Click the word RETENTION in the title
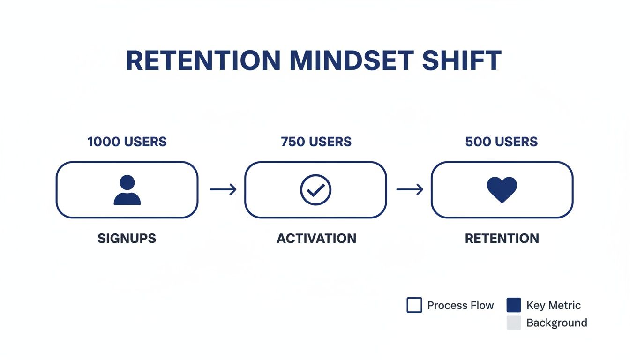pyautogui.click(x=203, y=60)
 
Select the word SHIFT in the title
pyautogui.click(x=462, y=60)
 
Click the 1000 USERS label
pyautogui.click(x=127, y=142)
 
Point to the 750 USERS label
pyautogui.click(x=316, y=142)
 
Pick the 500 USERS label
pyautogui.click(x=502, y=142)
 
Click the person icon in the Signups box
pyautogui.click(x=127, y=190)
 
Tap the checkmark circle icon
pyautogui.click(x=315, y=190)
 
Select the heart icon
pyautogui.click(x=502, y=189)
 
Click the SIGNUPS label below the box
pyautogui.click(x=127, y=238)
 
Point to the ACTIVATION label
pyautogui.click(x=316, y=238)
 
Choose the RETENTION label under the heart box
pyautogui.click(x=502, y=238)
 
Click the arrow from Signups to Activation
pyautogui.click(x=223, y=189)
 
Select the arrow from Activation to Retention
pyautogui.click(x=409, y=189)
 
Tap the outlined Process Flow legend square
pyautogui.click(x=414, y=305)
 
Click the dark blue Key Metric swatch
pyautogui.click(x=514, y=305)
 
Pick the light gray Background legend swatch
pyautogui.click(x=514, y=322)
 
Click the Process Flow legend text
pyautogui.click(x=460, y=306)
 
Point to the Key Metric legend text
pyautogui.click(x=554, y=306)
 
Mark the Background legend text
pyautogui.click(x=556, y=323)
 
